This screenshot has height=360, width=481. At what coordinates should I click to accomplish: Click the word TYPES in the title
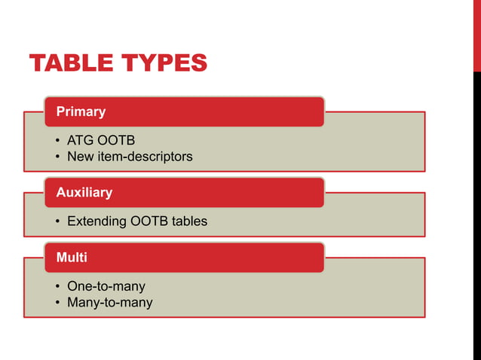(x=165, y=63)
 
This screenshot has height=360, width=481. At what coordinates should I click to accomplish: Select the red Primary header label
(x=81, y=111)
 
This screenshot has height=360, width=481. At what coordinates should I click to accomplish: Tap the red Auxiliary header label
(x=84, y=192)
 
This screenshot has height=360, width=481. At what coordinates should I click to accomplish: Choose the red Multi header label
(x=72, y=258)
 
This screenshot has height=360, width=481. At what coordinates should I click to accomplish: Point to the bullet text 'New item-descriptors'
(x=130, y=157)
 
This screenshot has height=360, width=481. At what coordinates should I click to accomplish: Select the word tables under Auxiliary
(x=188, y=221)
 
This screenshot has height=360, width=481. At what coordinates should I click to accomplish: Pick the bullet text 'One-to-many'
(x=106, y=286)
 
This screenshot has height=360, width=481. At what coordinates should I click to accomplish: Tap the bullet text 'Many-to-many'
(x=109, y=303)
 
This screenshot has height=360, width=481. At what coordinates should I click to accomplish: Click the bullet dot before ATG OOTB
(x=58, y=142)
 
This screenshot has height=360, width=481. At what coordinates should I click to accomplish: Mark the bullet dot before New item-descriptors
(x=58, y=157)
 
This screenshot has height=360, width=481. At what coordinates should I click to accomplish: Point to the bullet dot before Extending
(x=58, y=222)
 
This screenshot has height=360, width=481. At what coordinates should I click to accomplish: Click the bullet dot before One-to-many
(x=58, y=287)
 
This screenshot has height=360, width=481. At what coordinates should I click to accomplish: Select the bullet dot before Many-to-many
(x=58, y=304)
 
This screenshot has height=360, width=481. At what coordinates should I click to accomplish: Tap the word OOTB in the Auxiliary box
(x=147, y=221)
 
